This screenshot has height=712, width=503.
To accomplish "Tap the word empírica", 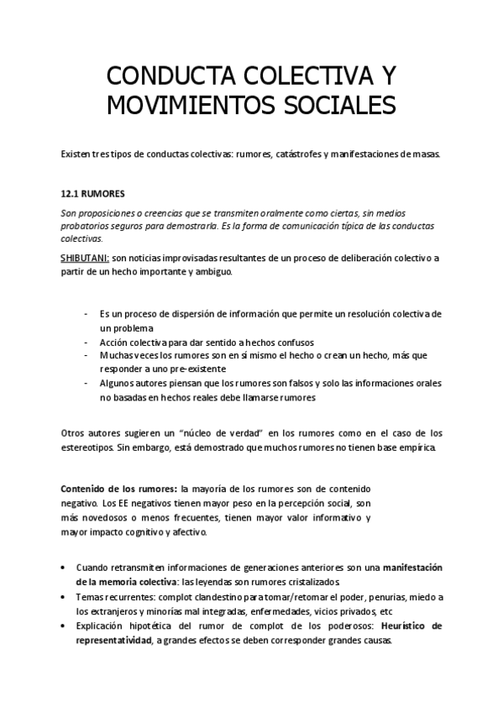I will (418, 448).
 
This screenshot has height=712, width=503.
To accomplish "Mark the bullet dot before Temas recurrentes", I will (65, 597).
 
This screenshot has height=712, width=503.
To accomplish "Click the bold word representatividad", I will (113, 639).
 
